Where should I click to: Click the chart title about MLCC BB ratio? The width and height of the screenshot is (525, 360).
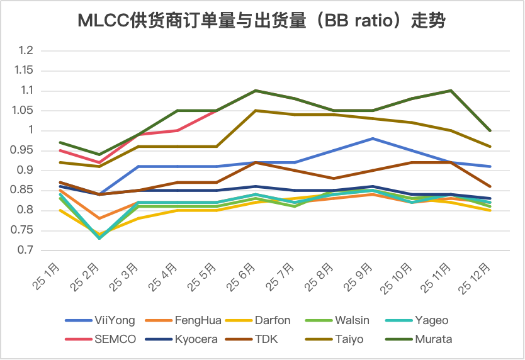(262, 21)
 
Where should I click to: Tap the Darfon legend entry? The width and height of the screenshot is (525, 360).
(273, 320)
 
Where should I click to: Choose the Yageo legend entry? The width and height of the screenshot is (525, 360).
(431, 320)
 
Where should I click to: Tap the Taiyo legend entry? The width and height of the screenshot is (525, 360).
(350, 339)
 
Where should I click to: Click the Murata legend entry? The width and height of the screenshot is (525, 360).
(433, 339)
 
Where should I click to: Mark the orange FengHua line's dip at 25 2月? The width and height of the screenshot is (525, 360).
(99, 218)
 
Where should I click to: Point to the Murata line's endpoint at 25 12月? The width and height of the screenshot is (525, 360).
(490, 130)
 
